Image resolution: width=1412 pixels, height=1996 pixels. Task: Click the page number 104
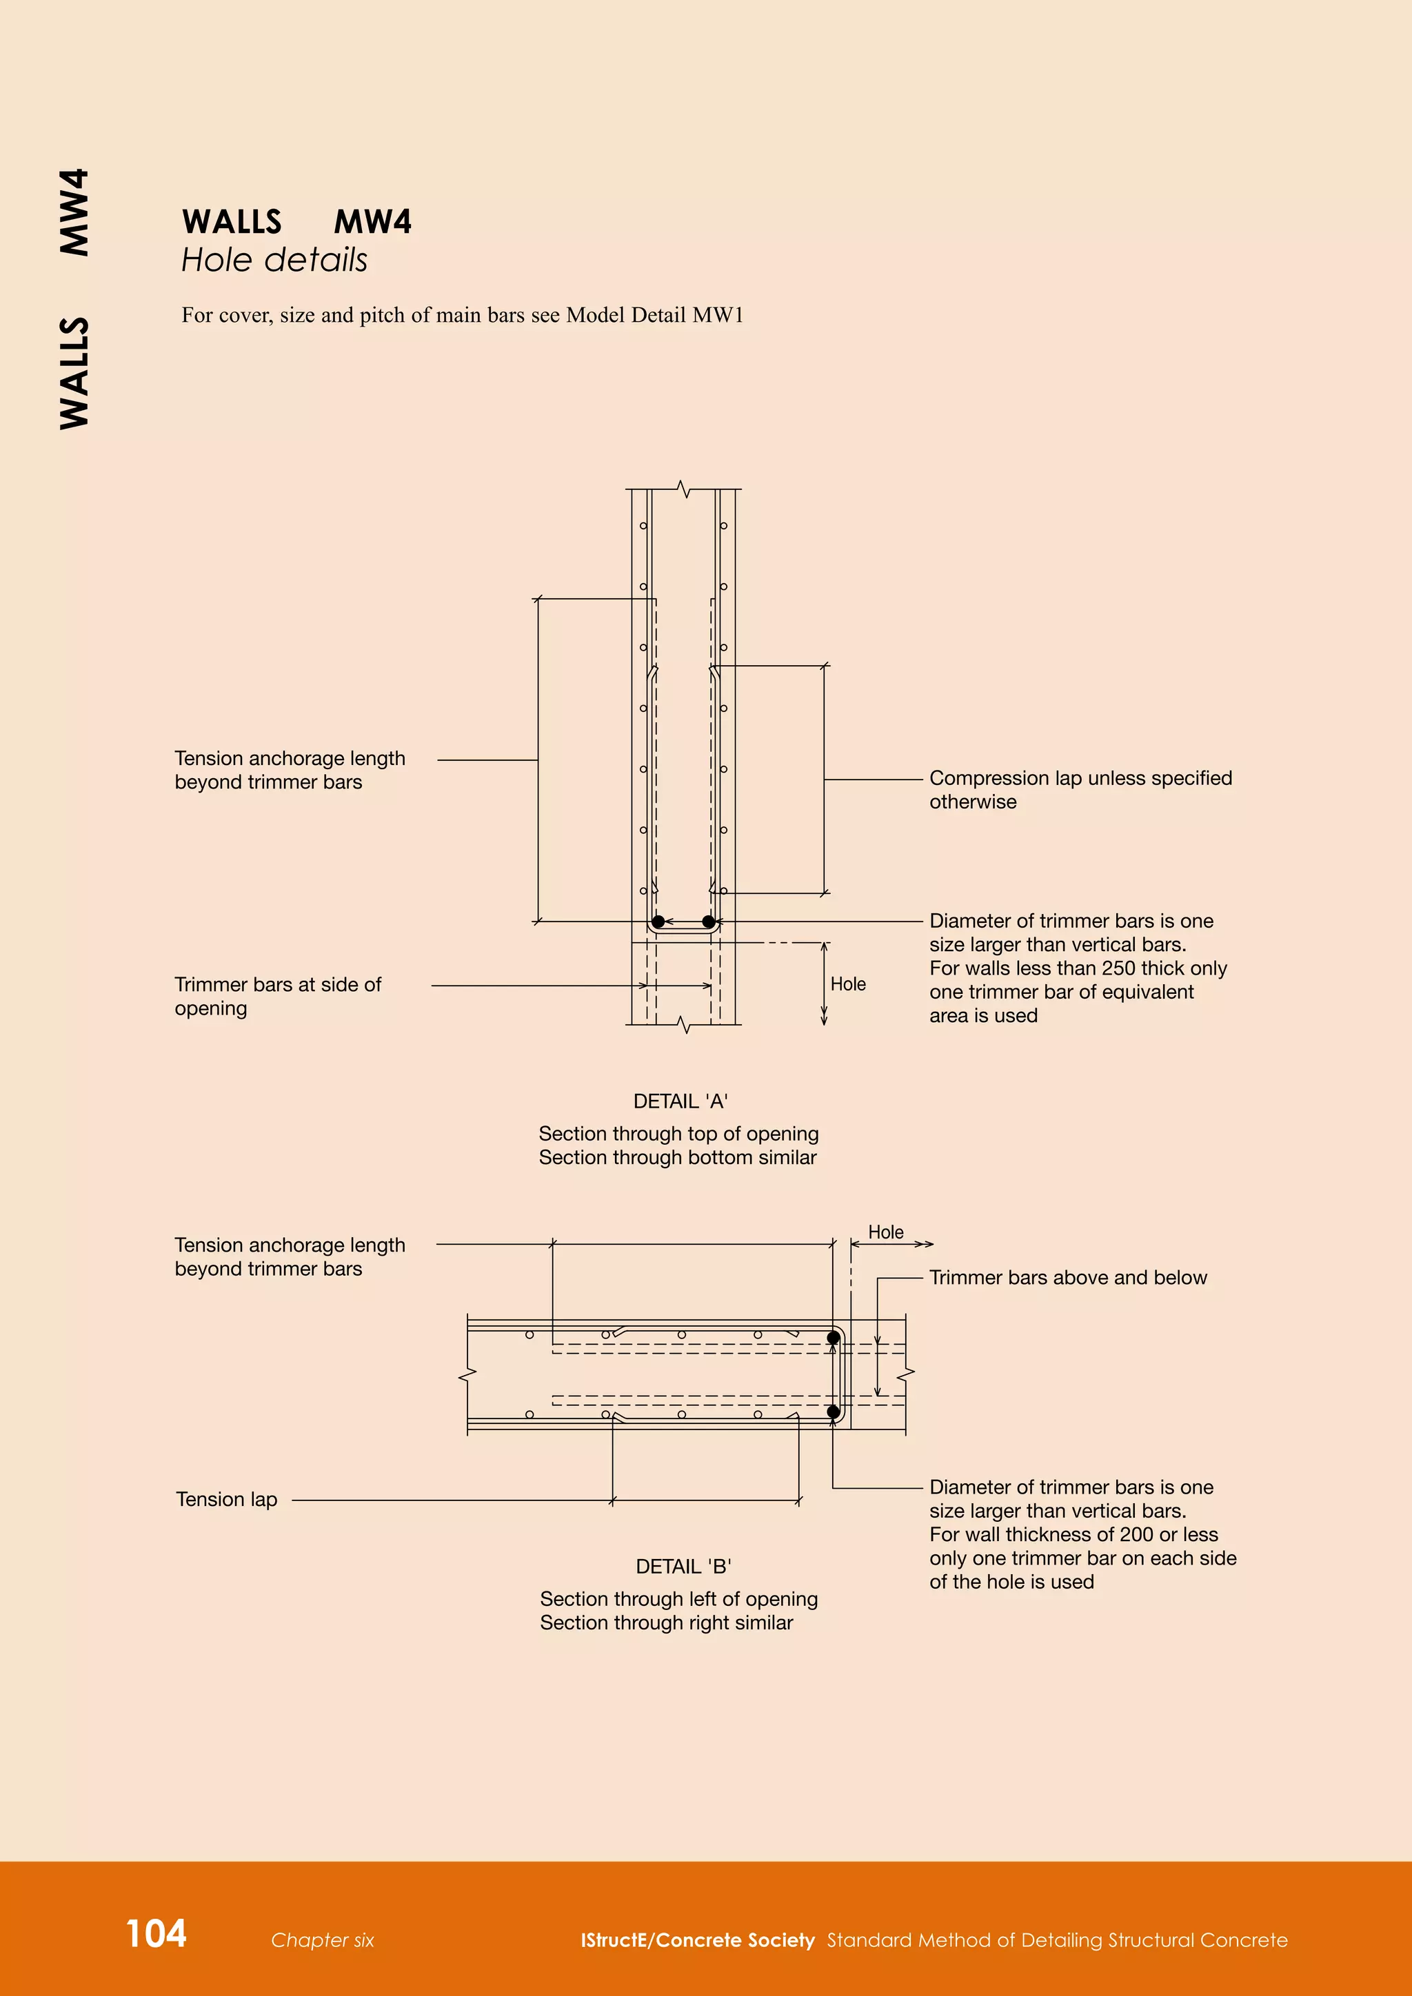tap(157, 1933)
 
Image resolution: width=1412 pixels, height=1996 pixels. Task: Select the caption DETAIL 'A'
tap(680, 1101)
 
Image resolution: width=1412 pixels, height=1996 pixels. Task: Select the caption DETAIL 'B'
tap(683, 1567)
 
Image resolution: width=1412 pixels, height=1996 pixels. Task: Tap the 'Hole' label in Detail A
tap(848, 984)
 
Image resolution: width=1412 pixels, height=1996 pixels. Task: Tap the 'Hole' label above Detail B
tap(885, 1232)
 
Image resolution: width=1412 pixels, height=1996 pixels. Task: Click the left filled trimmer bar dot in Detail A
tap(658, 921)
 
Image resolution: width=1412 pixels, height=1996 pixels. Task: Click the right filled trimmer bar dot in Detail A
tap(708, 921)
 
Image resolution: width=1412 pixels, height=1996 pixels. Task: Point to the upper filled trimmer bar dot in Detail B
tap(833, 1337)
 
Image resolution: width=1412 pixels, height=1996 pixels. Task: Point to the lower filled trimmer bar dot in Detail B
tap(833, 1412)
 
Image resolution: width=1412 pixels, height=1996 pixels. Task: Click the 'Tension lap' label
tap(226, 1500)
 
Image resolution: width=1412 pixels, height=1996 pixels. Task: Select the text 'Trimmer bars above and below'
tap(1068, 1278)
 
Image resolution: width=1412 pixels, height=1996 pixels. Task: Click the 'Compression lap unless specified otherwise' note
tap(1080, 789)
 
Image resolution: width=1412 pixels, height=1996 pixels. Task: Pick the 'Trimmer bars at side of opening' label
tap(277, 996)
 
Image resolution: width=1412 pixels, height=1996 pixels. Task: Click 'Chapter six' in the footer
tap(322, 1940)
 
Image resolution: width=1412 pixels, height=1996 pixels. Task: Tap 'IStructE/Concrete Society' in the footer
tap(697, 1940)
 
